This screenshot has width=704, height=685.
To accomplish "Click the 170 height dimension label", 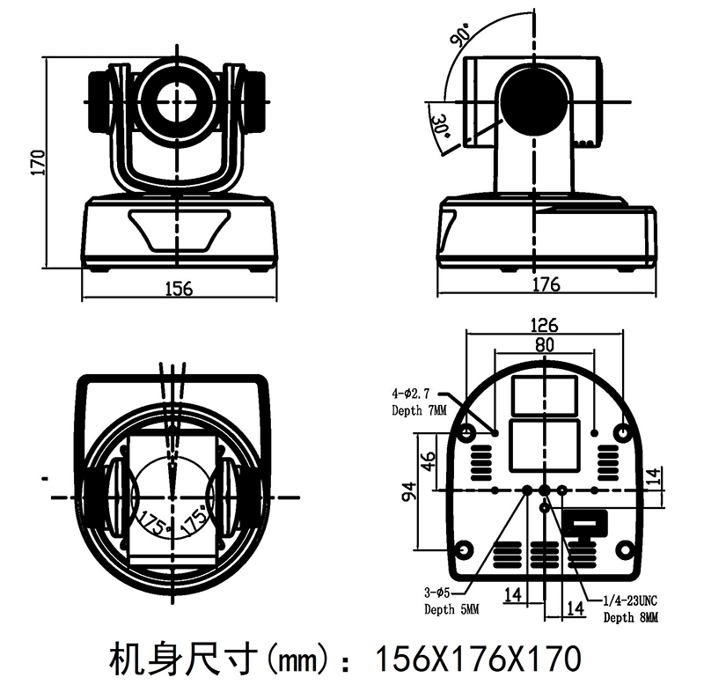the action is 39,163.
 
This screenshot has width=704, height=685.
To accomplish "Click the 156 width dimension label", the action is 180,289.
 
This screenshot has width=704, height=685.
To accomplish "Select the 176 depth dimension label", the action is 546,284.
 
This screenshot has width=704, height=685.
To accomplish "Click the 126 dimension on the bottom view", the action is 544,325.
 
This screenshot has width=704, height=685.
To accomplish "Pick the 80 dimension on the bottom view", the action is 545,345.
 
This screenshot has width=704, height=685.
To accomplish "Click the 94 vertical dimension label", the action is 410,491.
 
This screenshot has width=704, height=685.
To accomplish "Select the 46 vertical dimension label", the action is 429,461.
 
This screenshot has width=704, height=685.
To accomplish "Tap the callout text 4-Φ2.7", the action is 411,394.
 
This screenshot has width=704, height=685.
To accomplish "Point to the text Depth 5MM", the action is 451,609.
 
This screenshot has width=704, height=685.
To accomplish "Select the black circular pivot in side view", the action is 534,102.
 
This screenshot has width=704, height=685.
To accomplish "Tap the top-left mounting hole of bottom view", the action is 466,433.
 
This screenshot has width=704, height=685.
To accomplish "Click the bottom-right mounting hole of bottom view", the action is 624,549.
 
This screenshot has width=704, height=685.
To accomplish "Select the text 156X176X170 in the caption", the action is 478,659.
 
